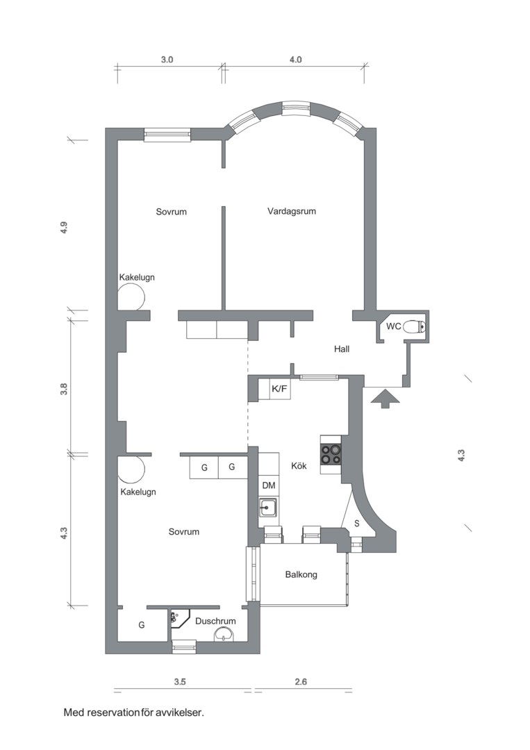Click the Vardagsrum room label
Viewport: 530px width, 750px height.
click(x=291, y=211)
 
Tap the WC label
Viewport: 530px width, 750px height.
click(x=393, y=326)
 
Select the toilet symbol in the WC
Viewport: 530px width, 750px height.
click(x=415, y=326)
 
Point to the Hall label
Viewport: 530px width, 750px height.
click(x=341, y=349)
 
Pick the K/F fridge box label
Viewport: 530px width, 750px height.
click(x=279, y=389)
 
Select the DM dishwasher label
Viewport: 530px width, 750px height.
click(x=268, y=485)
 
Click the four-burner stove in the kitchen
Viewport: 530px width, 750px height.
click(x=330, y=454)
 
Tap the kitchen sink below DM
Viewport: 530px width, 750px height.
click(x=267, y=509)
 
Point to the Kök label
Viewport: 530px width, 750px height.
click(x=299, y=466)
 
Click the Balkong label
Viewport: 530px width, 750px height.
click(x=301, y=575)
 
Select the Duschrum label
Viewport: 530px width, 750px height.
click(x=215, y=622)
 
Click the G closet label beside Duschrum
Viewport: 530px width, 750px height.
click(x=141, y=625)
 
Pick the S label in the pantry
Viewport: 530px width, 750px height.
click(x=356, y=523)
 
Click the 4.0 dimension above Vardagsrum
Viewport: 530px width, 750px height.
click(x=295, y=60)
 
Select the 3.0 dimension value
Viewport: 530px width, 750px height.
click(x=167, y=60)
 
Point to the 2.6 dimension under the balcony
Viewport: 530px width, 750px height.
click(x=301, y=682)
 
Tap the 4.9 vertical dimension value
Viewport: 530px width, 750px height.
click(x=63, y=228)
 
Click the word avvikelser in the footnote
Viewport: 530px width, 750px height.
click(x=180, y=712)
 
